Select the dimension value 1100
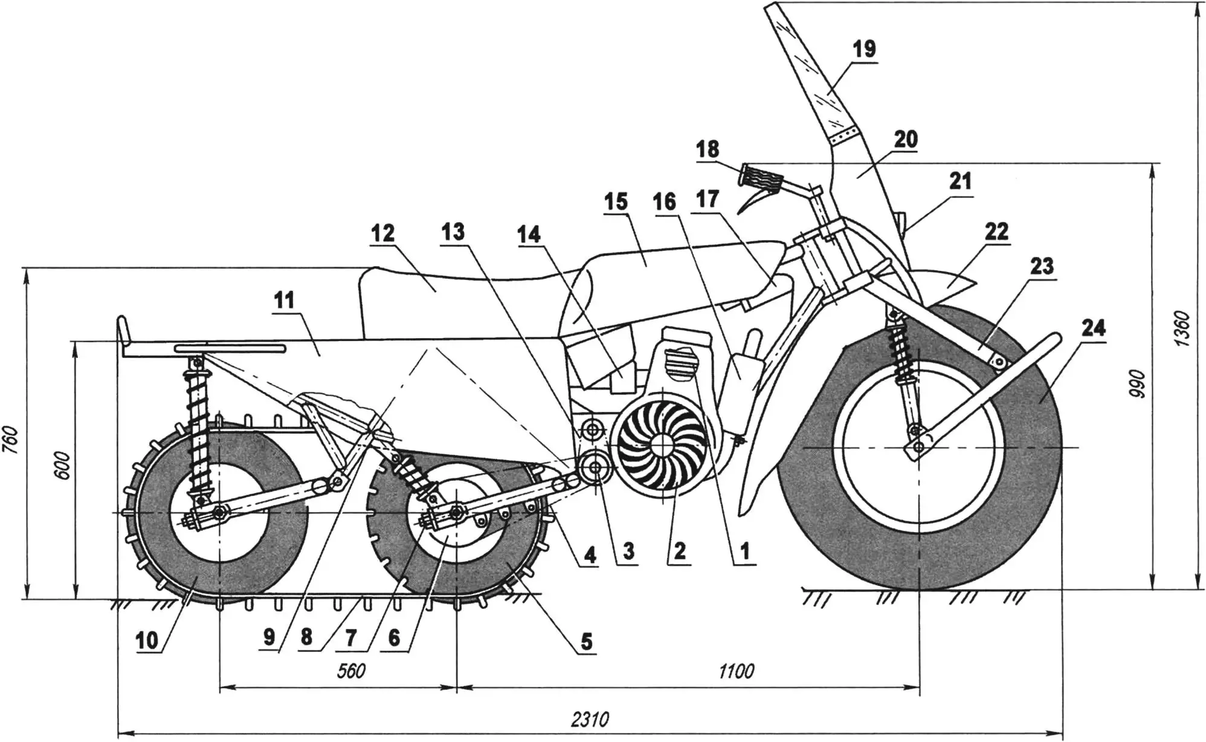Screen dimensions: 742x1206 coord(736,671)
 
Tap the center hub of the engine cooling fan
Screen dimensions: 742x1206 coord(660,444)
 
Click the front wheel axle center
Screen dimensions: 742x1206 coord(918,447)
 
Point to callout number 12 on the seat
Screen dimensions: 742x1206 coord(382,233)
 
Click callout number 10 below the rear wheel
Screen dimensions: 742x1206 coord(147,640)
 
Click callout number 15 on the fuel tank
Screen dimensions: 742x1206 coord(616,201)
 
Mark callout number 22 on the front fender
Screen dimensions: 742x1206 coord(996,231)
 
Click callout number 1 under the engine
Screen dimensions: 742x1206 coord(744,550)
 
